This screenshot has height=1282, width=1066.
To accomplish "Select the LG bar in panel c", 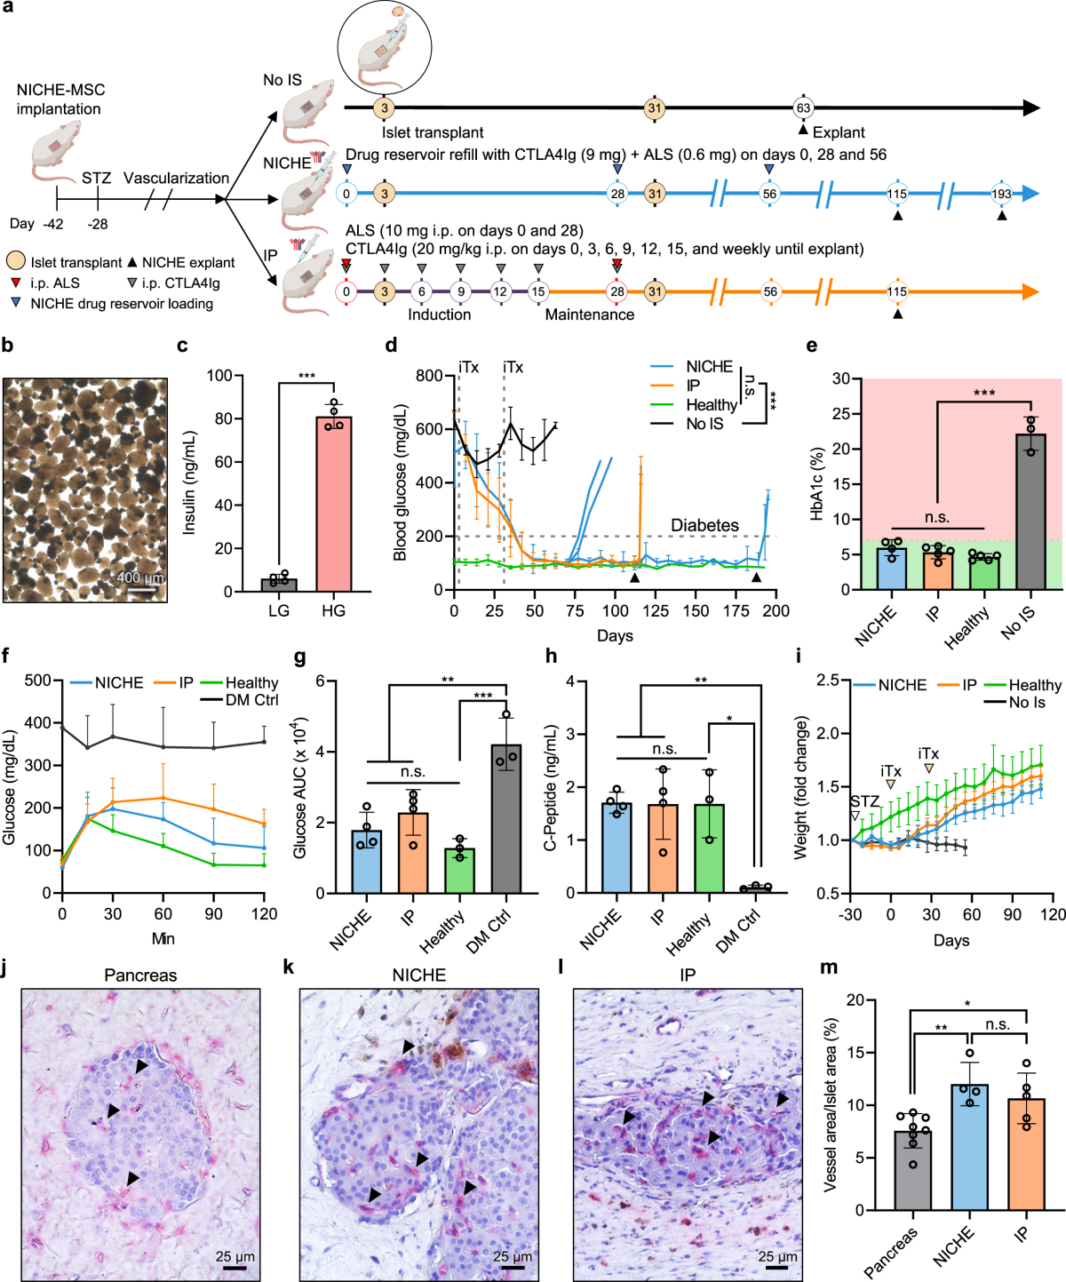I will point(279,584).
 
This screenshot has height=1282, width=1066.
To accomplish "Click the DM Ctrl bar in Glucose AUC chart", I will point(506,818).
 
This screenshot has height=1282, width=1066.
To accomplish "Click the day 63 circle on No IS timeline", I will point(803,108).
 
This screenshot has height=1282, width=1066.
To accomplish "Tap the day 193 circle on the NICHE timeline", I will point(1001,194).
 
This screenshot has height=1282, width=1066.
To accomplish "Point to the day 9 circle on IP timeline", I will point(460,291).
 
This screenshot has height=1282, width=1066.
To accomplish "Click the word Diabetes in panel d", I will point(704,525).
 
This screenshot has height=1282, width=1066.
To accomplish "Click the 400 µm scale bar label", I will point(140,578).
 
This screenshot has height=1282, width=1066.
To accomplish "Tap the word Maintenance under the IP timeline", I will point(589,315).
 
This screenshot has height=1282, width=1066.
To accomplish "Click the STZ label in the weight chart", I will point(863,801).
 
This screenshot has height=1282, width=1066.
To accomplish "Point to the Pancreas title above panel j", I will point(140,975).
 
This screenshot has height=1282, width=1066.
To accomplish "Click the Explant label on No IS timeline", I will point(838,132).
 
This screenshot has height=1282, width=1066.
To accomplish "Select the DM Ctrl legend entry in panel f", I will point(251,700).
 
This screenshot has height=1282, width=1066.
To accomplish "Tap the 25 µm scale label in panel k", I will point(513,1256).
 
